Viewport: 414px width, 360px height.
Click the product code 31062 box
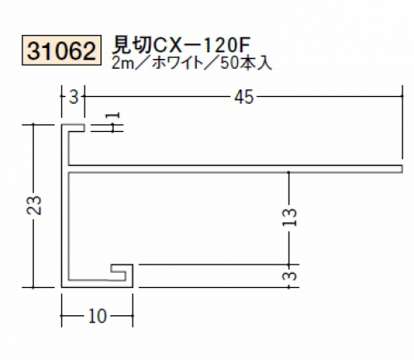pos(61,50)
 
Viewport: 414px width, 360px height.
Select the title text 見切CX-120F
pos(181,45)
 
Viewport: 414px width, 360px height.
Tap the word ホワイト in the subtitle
pos(178,64)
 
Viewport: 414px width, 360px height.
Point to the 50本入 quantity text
pos(246,64)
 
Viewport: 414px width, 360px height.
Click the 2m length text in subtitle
pos(122,64)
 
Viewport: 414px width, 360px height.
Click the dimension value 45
pos(244,97)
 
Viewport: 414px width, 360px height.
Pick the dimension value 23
pos(34,206)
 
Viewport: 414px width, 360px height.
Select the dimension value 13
pos(290,216)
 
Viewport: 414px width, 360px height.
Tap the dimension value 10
pos(97,316)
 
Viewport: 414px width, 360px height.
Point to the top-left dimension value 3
pos(74,97)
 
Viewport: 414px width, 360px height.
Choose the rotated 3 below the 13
pos(290,276)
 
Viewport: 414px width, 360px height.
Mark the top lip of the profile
pos(73,128)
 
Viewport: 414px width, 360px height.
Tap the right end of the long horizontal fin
pos(402,169)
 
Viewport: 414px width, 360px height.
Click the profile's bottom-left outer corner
pos(61,287)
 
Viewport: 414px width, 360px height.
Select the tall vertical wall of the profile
pos(65,206)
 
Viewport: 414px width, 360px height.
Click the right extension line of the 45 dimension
pos(402,122)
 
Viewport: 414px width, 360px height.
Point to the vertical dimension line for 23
pos(33,206)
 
